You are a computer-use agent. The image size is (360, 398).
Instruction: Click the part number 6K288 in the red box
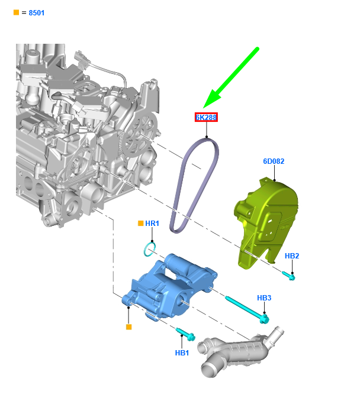pos(207,117)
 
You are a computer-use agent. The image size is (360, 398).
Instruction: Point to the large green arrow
pos(231,76)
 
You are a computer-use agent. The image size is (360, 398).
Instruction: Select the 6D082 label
pos(274,161)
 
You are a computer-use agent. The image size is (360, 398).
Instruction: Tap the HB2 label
pos(292,256)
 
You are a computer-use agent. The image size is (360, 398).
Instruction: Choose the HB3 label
pos(264,298)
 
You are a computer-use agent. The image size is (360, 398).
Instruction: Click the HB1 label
pos(182,353)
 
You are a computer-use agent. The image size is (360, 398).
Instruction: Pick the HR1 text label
pos(152,224)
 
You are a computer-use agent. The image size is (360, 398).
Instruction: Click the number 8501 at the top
pos(37,12)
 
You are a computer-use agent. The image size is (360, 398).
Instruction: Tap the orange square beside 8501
pos(16,12)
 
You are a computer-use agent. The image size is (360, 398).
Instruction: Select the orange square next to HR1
pos(140,224)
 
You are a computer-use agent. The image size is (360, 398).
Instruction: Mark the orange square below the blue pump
pos(128,326)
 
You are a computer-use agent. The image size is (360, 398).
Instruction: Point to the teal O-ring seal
pos(150,248)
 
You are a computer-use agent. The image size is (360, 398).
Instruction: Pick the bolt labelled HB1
pos(185,335)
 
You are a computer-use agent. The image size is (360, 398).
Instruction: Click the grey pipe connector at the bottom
pos(237,352)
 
